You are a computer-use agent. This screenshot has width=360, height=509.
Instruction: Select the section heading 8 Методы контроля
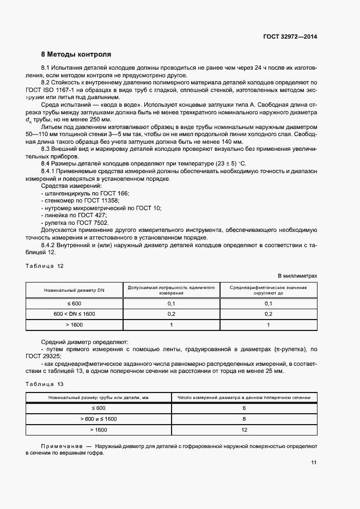point(76,54)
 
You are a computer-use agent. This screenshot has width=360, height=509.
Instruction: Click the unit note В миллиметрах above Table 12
point(297,276)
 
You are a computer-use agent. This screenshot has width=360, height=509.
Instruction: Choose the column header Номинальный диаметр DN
point(75,290)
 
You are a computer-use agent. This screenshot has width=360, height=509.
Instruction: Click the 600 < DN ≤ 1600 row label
point(75,314)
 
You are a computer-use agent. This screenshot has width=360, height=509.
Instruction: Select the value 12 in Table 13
point(244,430)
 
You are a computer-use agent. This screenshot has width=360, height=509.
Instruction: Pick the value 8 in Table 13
point(244,419)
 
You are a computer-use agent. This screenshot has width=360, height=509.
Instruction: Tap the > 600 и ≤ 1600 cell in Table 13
point(99,419)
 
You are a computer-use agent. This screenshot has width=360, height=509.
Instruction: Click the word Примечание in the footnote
point(60,445)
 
